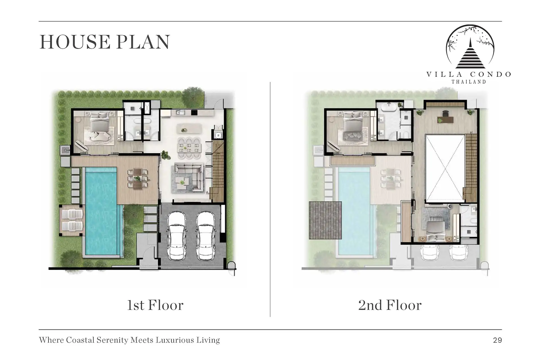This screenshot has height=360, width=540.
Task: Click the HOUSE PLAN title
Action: point(105,42)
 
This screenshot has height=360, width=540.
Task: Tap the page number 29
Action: point(498,340)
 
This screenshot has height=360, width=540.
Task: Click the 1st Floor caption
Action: point(155,305)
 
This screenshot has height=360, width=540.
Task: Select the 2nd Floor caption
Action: point(390,305)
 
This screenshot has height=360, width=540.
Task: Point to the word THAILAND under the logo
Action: point(469,82)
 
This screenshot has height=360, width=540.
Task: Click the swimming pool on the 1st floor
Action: point(103,211)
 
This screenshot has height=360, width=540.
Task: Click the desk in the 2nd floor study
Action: point(445,120)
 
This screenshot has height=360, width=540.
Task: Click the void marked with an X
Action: point(445,168)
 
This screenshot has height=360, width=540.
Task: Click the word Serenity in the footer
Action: point(109,340)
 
